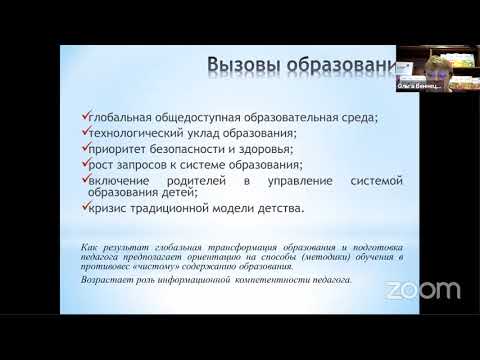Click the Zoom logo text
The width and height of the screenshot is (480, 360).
coord(424,291)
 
